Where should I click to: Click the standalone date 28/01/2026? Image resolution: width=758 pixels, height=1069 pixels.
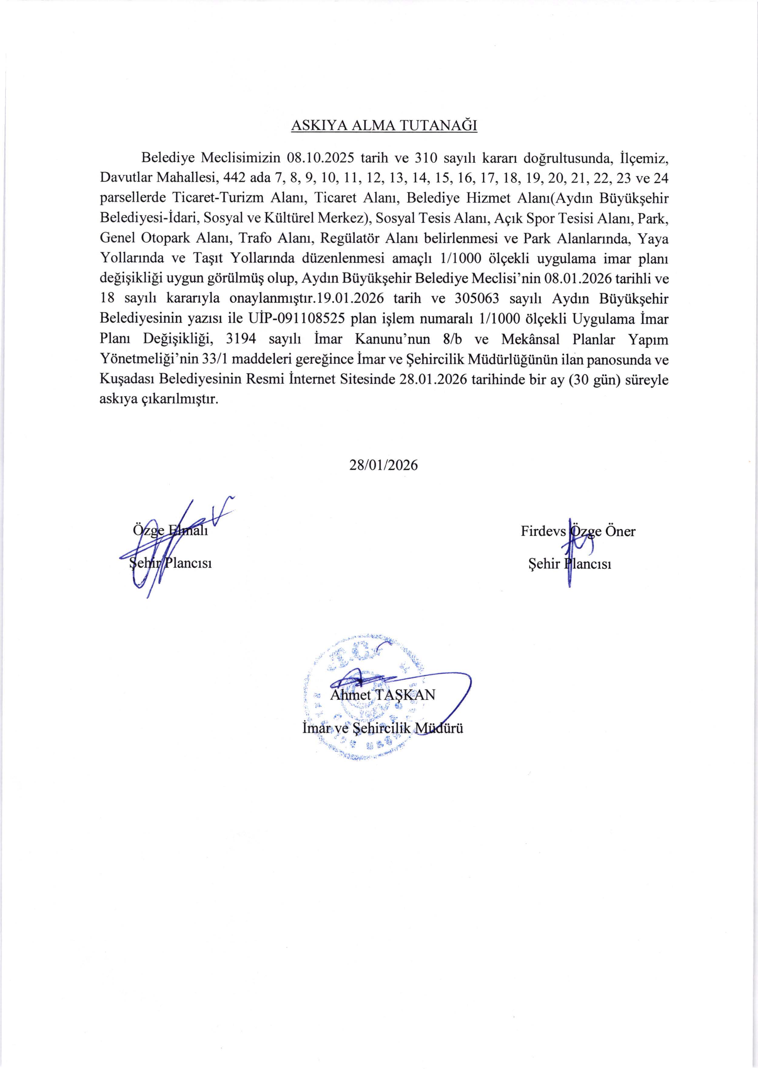384,465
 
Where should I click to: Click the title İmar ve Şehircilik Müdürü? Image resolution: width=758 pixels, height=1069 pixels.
383,728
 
